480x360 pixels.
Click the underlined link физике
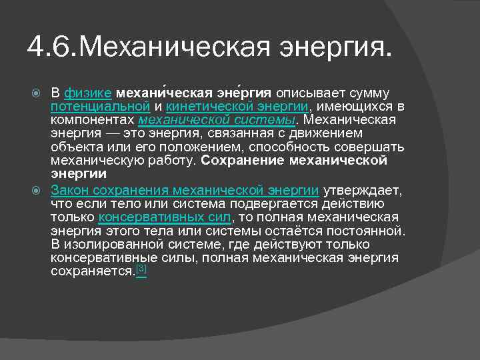tap(88, 93)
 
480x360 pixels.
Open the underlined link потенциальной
tap(99, 105)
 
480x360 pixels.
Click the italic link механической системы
tap(217, 119)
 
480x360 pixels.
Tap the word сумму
tap(369, 93)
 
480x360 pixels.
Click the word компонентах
tap(93, 119)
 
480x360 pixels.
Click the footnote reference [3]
tap(141, 269)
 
